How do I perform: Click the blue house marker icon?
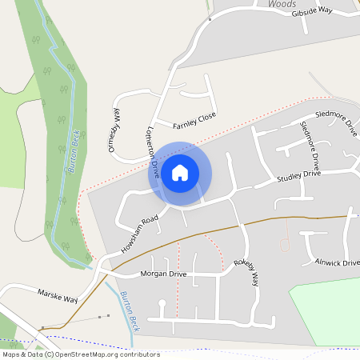(180, 172)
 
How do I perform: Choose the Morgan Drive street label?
(163, 274)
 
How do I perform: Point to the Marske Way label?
(58, 295)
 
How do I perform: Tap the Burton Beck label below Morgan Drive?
(130, 311)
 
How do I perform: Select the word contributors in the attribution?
(131, 354)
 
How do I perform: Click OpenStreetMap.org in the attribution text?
(83, 354)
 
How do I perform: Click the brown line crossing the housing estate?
(264, 218)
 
